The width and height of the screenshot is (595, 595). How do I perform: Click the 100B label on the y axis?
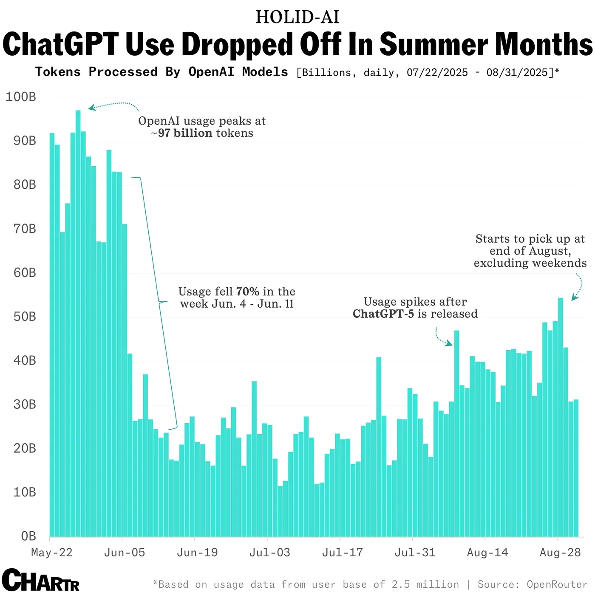[x=21, y=97]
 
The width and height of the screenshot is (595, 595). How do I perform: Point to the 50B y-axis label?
[x=25, y=317]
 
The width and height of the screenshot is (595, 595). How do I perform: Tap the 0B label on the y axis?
[x=28, y=536]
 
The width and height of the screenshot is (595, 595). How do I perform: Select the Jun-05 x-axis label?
[x=125, y=552]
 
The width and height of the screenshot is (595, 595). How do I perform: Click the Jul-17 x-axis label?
[x=343, y=552]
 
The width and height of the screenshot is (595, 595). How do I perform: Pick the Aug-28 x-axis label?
[x=560, y=552]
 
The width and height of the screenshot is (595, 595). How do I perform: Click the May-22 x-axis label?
[x=52, y=552]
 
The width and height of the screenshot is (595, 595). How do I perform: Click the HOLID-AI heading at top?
[x=297, y=17]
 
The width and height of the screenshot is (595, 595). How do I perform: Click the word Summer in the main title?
[x=433, y=44]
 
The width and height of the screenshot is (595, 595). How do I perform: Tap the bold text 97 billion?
[x=185, y=133]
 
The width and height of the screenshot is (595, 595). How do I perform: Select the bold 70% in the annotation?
[x=247, y=292]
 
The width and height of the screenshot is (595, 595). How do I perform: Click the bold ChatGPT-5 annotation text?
[x=383, y=314]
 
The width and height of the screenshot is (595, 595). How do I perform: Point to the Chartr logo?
[x=40, y=580]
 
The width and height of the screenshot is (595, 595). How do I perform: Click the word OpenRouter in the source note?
[x=557, y=584]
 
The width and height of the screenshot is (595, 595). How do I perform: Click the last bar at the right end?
[x=576, y=467]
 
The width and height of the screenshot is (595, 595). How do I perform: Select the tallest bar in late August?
[x=560, y=416]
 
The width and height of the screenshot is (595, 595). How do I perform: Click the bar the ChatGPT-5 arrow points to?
[x=456, y=433]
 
